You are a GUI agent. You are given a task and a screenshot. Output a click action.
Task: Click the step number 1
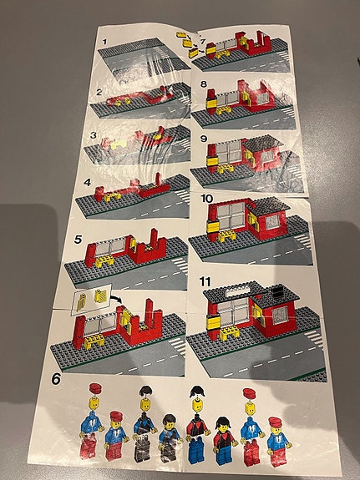pyautogui.click(x=105, y=42)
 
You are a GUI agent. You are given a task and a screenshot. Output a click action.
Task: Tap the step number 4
pyautogui.click(x=88, y=183)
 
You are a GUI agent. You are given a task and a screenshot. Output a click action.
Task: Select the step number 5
pyautogui.click(x=79, y=240)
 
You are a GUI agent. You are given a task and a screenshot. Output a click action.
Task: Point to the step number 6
pyautogui.click(x=56, y=379)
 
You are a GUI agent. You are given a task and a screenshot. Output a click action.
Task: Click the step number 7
pyautogui.click(x=202, y=42)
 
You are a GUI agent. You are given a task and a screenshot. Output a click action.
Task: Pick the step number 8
pyautogui.click(x=204, y=83)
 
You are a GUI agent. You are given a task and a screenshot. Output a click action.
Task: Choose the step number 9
pyautogui.click(x=204, y=139)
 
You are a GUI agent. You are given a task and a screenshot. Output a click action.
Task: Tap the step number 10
pyautogui.click(x=207, y=199)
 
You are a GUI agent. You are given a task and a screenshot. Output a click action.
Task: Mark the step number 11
pyautogui.click(x=205, y=280)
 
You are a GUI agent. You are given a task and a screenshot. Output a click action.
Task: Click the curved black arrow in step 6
pyautogui.click(x=116, y=298)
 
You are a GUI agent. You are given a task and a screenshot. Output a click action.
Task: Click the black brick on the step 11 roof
pyautogui.click(x=278, y=291)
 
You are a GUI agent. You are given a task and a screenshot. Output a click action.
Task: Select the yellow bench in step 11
pyautogui.click(x=230, y=332)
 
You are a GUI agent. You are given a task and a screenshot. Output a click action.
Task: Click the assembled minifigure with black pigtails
pyautogui.click(x=225, y=442)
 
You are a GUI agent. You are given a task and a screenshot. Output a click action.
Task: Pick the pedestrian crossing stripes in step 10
pyautogui.click(x=303, y=240)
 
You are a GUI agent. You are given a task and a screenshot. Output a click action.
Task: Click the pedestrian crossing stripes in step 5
pyautogui.click(x=180, y=265)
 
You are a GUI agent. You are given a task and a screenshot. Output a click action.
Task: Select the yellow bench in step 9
pyautogui.click(x=226, y=169)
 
